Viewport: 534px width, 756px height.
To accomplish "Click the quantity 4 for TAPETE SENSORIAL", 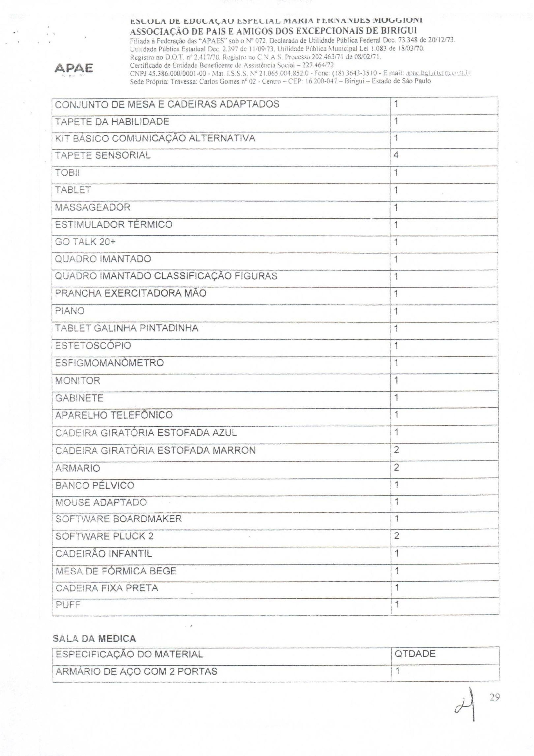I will click(x=396, y=155).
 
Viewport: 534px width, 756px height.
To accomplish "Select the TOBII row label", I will click(x=67, y=173).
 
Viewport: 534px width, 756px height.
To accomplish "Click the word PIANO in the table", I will click(x=70, y=311).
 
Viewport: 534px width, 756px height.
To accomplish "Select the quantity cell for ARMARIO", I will click(x=396, y=467).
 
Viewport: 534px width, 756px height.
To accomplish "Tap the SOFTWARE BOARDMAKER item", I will click(x=118, y=519).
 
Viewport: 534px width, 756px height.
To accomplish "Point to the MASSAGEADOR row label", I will click(x=93, y=207).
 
